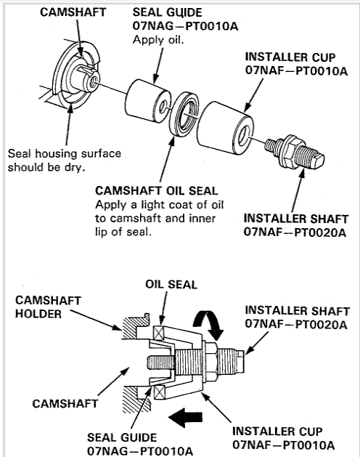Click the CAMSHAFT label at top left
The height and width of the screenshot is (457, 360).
coord(73,12)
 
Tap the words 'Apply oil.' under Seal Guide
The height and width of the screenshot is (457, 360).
coord(158,40)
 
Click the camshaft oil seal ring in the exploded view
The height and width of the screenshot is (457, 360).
coord(184,113)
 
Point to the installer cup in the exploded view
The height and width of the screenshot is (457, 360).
coord(224,126)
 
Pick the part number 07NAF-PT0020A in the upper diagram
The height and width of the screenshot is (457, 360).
coord(295,232)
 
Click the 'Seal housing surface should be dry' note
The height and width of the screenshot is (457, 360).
coord(65,161)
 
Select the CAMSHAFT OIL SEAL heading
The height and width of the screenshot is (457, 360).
coord(156,191)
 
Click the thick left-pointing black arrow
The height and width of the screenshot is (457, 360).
coord(185,417)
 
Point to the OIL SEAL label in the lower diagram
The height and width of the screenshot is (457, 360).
coord(171,284)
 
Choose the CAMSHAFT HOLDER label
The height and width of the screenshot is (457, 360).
coord(48,307)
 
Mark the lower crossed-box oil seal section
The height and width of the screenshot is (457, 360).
coord(160,393)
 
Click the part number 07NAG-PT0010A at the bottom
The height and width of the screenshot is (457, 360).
coord(140,451)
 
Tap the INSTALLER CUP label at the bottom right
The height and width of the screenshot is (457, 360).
coord(277,432)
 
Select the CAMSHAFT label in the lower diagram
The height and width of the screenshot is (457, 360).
coord(65,404)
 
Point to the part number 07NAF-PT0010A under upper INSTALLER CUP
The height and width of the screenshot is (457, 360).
coord(296,70)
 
